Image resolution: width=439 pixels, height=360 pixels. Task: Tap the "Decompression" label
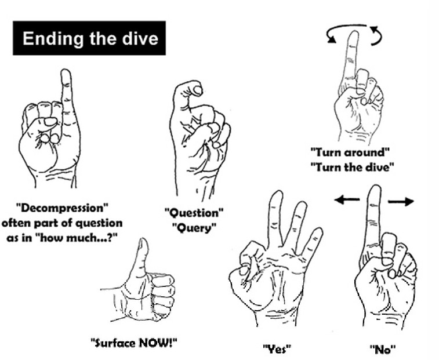coord(62,209)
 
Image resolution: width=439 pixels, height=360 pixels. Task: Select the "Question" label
coord(194,213)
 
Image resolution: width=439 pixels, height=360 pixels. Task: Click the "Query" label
coord(194,228)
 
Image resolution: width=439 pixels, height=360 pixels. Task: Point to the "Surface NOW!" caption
coord(134,343)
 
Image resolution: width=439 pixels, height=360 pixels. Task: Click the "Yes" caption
coord(277,350)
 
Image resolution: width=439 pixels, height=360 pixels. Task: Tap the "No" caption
coord(383,350)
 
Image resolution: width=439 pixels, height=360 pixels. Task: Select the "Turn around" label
coord(350,152)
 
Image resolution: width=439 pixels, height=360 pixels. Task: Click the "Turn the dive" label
coord(352,168)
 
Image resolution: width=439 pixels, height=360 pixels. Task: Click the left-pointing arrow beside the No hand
coord(347,200)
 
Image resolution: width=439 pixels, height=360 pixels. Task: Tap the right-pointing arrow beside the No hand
coord(401,201)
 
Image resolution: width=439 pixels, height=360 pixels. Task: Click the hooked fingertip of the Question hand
coord(198,90)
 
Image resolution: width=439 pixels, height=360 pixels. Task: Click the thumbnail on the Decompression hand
coord(50,122)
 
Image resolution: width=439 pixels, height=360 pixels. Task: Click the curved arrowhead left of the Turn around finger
coord(331,39)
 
